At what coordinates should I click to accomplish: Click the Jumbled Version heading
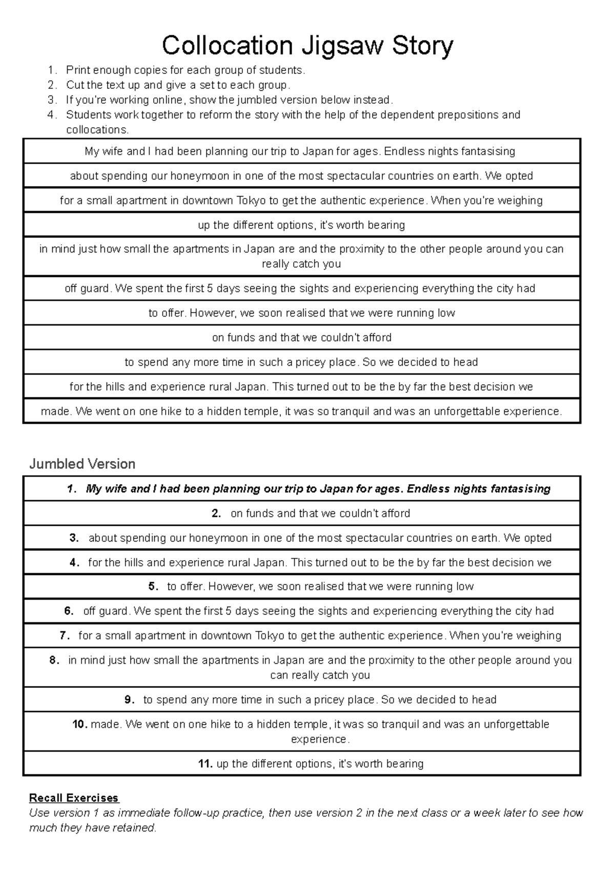tap(82, 464)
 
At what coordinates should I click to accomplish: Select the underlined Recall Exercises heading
tap(74, 798)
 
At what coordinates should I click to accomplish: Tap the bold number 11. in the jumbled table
tap(205, 764)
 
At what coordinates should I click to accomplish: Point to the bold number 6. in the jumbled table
tap(69, 611)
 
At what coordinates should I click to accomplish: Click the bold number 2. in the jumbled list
tap(216, 513)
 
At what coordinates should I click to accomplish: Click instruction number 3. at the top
tap(51, 100)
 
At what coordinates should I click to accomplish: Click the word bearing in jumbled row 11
tap(405, 764)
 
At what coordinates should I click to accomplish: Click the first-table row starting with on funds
tap(301, 338)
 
